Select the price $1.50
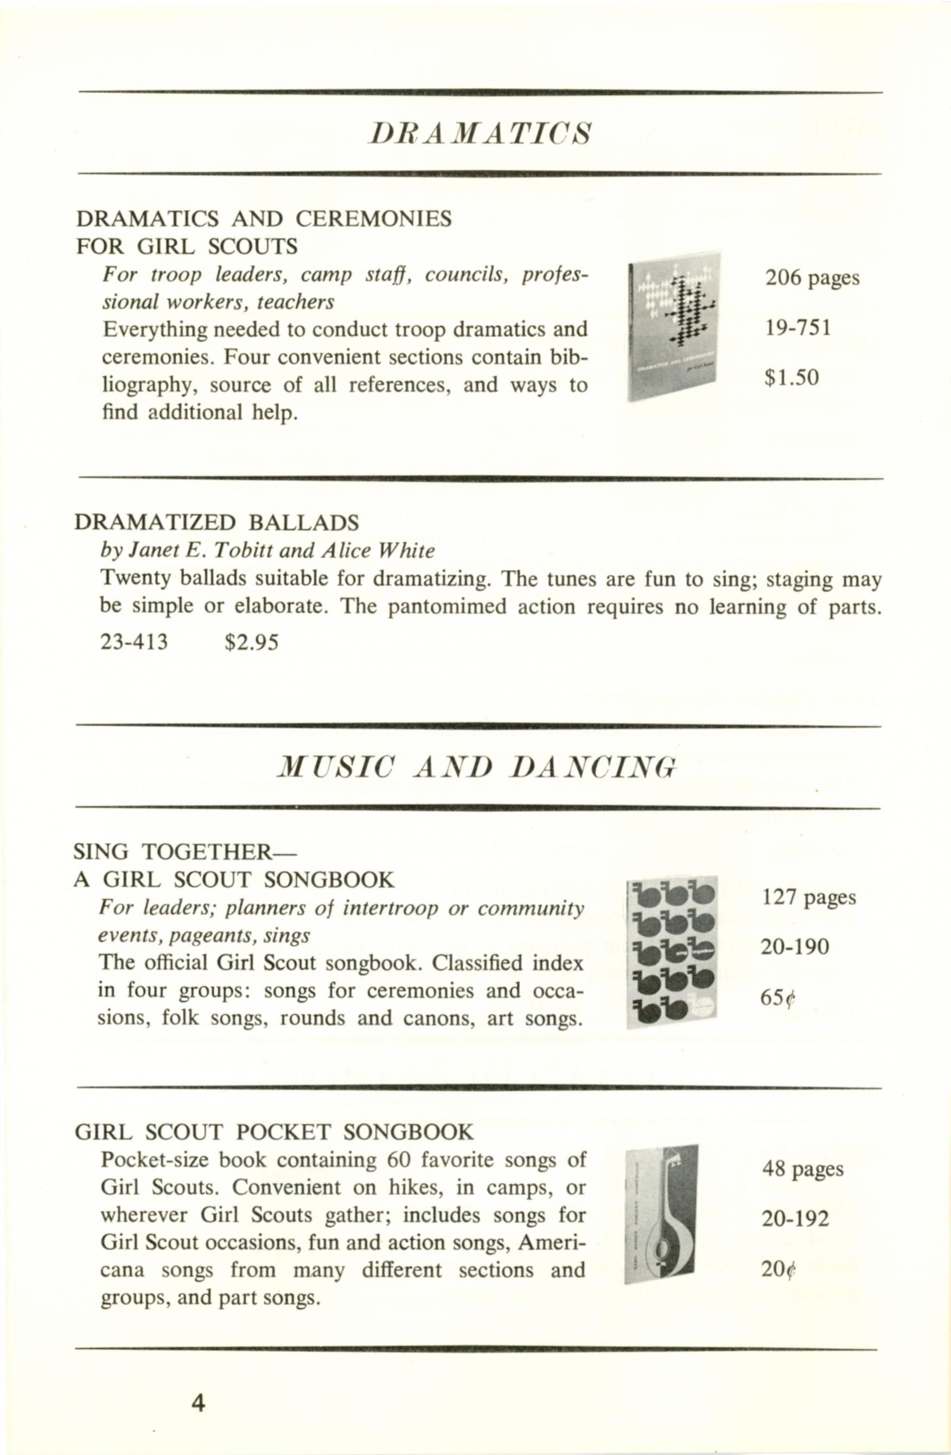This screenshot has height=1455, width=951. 791,378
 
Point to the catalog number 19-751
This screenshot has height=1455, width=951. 797,328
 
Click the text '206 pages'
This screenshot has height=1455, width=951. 812,278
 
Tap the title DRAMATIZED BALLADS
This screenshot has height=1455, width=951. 216,523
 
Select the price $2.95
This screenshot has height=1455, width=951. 251,643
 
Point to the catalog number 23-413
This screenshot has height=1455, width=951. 134,643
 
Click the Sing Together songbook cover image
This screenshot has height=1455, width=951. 672,952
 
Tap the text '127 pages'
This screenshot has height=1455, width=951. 809,898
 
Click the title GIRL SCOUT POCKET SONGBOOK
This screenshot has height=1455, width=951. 274,1132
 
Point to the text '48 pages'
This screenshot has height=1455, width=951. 802,1170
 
